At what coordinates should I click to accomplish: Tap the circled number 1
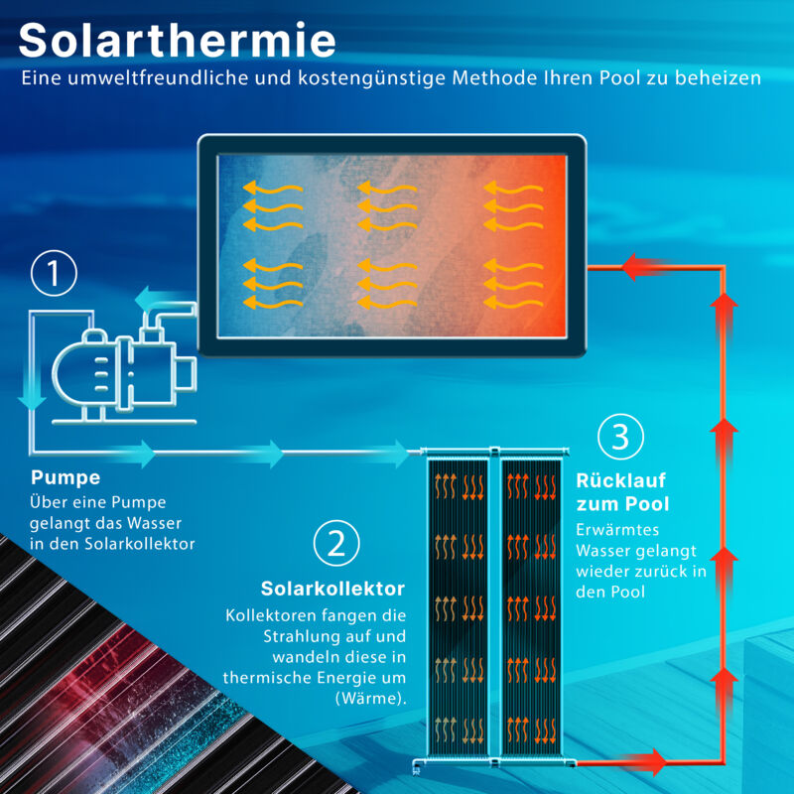coord(54,275)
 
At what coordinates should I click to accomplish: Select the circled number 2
coord(336,543)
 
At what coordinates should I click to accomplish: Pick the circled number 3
coord(621,437)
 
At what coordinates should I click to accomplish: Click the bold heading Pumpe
coord(66,477)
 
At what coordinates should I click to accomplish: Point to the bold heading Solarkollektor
coord(332,589)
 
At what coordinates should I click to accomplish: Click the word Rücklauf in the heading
coord(620,480)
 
